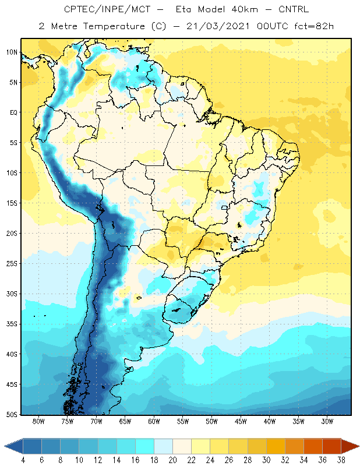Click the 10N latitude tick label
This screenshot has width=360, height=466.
tap(12, 52)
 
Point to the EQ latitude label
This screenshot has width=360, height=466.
tap(13, 112)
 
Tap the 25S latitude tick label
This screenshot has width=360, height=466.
tap(12, 264)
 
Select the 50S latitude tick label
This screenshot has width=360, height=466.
tap(12, 414)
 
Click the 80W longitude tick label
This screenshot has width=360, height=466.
tap(38, 421)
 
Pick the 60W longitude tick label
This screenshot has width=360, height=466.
tap(154, 421)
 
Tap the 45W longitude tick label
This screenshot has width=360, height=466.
tap(241, 421)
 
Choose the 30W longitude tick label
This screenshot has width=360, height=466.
tap(327, 421)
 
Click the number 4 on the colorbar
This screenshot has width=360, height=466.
tap(23, 460)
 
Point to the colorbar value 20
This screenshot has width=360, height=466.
tap(172, 460)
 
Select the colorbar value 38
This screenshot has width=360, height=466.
tap(341, 460)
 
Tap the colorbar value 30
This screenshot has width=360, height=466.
tap(266, 460)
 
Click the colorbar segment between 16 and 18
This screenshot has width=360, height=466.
tap(145, 446)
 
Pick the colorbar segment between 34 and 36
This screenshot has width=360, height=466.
tap(313, 446)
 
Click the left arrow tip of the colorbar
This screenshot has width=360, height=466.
tap(4, 446)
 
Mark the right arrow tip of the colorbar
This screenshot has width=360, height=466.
tap(359, 446)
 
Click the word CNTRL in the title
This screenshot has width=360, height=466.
tap(294, 9)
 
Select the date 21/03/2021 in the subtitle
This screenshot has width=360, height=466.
tap(218, 26)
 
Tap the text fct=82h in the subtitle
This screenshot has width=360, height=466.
tap(314, 26)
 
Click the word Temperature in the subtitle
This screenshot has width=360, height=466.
tap(114, 26)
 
